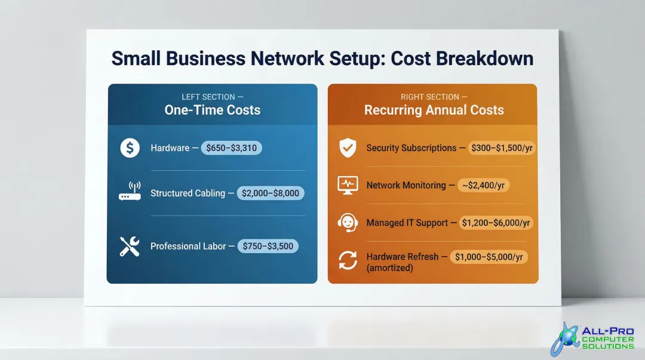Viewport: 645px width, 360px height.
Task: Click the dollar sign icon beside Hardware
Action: (x=130, y=148)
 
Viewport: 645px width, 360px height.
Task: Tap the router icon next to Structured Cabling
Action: (x=130, y=192)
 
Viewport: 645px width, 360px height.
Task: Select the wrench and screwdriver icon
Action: (x=130, y=246)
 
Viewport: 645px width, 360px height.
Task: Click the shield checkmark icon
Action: (x=347, y=148)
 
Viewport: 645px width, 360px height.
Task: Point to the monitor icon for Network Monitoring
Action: (x=347, y=185)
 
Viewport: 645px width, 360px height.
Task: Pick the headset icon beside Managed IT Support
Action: (x=347, y=223)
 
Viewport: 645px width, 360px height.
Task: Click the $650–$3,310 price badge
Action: (x=231, y=148)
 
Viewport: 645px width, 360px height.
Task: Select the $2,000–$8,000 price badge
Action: (x=271, y=193)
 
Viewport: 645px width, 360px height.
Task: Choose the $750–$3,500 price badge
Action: (x=268, y=246)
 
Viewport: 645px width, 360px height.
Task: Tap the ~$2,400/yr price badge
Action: (x=483, y=185)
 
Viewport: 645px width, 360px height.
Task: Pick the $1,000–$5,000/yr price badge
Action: (x=489, y=257)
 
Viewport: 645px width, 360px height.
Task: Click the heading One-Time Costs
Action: (x=212, y=110)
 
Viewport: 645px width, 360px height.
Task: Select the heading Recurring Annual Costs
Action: (x=434, y=110)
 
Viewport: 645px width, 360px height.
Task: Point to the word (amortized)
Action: (x=389, y=268)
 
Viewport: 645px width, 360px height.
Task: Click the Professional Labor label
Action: (x=188, y=246)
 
